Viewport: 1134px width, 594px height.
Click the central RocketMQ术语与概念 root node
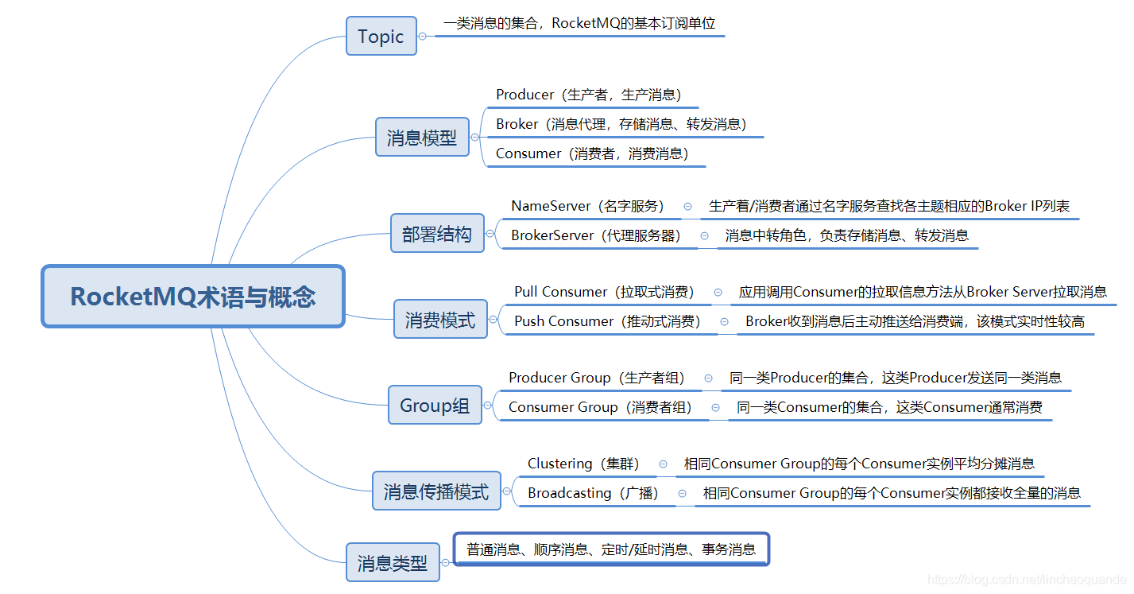[193, 297]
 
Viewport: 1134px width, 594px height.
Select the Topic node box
[381, 37]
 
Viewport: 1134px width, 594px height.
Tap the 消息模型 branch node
[422, 138]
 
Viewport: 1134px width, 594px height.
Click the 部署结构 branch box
[437, 234]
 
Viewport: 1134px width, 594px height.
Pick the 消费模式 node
[440, 320]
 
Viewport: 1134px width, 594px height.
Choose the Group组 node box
[435, 406]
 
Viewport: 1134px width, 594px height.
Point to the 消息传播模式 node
[436, 491]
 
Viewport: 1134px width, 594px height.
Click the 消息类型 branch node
[393, 563]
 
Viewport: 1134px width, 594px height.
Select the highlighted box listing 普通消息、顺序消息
[611, 549]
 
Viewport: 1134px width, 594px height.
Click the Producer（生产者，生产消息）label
[589, 95]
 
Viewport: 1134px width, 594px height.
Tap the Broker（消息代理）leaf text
[621, 124]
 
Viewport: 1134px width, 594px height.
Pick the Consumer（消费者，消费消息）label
[592, 153]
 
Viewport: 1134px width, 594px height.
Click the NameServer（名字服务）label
[587, 206]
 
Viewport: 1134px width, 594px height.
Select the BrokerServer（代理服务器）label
[596, 235]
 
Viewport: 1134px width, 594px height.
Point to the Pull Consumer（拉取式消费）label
[604, 292]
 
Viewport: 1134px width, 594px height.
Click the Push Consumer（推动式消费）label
[607, 321]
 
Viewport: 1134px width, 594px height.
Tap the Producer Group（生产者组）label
[597, 378]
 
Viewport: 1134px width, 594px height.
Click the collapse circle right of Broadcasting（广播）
[682, 493]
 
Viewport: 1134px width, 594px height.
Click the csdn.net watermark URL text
[1027, 580]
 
